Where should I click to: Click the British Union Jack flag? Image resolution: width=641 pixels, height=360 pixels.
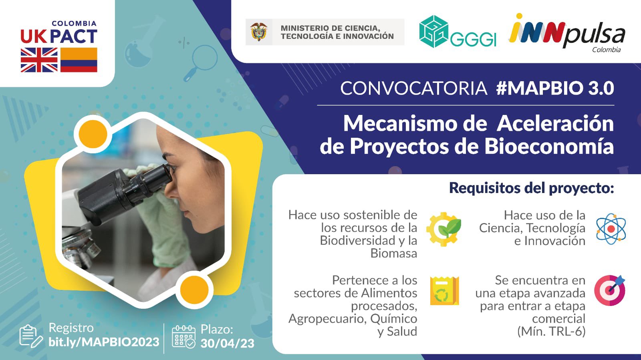pyautogui.click(x=39, y=60)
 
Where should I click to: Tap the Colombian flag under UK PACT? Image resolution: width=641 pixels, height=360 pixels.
pyautogui.click(x=79, y=60)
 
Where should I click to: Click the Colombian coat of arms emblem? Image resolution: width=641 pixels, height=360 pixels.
pyautogui.click(x=259, y=32)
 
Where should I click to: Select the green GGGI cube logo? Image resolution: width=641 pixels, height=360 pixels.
pyautogui.click(x=433, y=32)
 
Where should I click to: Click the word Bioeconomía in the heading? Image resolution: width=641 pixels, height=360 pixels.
pyautogui.click(x=549, y=146)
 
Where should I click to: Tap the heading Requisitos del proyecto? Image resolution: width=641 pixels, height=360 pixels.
pyautogui.click(x=531, y=188)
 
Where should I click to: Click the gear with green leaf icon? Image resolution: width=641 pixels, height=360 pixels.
pyautogui.click(x=443, y=229)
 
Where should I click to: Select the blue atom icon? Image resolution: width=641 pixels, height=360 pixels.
pyautogui.click(x=611, y=229)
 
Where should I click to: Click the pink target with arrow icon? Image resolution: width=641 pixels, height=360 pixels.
pyautogui.click(x=609, y=290)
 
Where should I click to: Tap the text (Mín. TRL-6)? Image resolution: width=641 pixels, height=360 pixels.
pyautogui.click(x=551, y=332)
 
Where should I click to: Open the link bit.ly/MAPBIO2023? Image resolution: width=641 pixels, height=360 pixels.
pyautogui.click(x=104, y=342)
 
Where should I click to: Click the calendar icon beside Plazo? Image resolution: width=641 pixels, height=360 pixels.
pyautogui.click(x=183, y=336)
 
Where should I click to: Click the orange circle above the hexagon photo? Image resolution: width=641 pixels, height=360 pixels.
pyautogui.click(x=93, y=134)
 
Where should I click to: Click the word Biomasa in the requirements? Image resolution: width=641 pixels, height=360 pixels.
pyautogui.click(x=394, y=253)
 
